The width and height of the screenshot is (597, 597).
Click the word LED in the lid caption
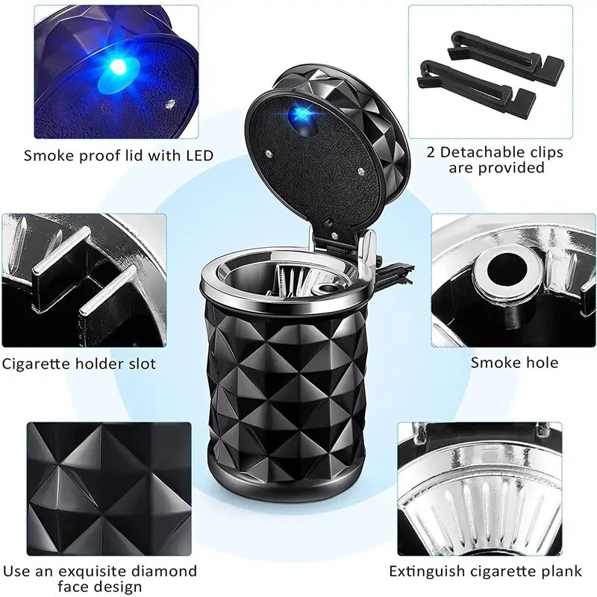click(196, 156)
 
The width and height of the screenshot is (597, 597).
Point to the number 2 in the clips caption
click(432, 152)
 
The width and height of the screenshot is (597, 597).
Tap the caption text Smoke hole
click(514, 363)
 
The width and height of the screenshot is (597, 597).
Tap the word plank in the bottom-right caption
click(560, 572)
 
